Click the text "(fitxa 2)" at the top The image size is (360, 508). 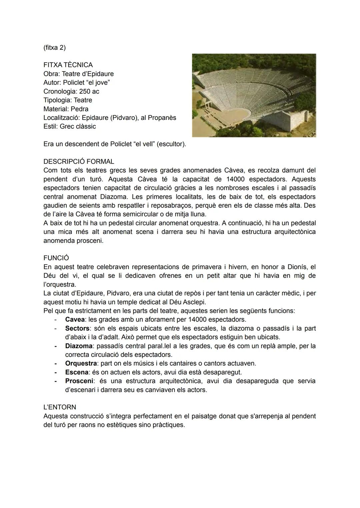point(54,48)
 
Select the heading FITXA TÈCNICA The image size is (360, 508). point(68,65)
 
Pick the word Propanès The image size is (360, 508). point(162,118)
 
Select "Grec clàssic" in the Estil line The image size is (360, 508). point(78,127)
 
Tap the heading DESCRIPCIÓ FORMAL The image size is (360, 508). point(79,162)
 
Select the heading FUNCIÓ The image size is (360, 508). point(56,258)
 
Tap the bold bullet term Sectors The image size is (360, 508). point(77,328)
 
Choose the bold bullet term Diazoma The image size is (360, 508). point(78,346)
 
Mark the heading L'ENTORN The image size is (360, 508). point(60,407)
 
